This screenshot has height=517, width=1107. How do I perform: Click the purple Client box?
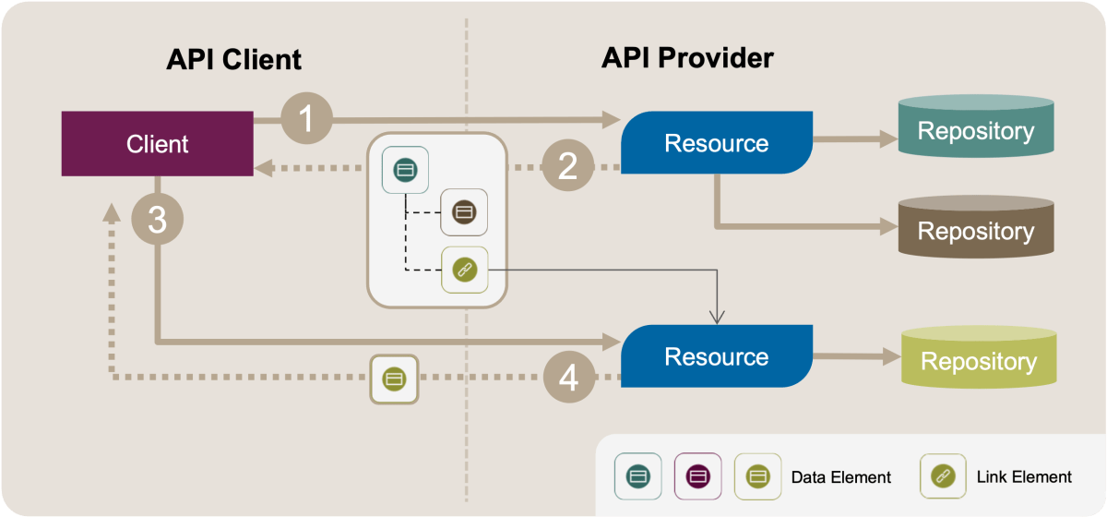point(158,143)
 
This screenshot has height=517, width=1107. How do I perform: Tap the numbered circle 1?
point(306,119)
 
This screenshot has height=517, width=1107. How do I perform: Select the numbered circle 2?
point(567,166)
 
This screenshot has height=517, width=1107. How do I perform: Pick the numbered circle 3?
point(157,222)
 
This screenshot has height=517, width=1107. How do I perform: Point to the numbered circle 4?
point(567,378)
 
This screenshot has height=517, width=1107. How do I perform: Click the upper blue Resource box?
point(716,143)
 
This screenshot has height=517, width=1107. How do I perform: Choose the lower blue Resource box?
point(716,355)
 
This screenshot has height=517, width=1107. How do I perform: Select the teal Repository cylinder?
point(975,130)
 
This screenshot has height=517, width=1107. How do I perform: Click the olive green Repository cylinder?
point(978,360)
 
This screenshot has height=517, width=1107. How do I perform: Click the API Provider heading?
point(687,58)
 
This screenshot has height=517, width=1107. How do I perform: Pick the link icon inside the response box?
point(464,271)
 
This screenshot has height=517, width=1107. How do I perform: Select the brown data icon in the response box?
point(464,212)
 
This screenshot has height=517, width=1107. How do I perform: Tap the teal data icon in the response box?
point(405,170)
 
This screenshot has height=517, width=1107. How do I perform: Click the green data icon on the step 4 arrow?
point(395,378)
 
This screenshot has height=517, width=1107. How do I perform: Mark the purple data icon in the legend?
point(698,476)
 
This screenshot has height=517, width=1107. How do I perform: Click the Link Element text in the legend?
point(1024,476)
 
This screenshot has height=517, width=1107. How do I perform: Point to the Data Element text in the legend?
point(841,477)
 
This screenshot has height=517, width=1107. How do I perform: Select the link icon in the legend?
point(943,476)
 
